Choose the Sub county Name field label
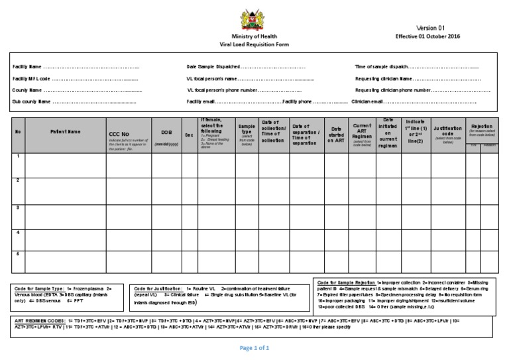pyautogui.click(x=31, y=101)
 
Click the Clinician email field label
pyautogui.click(x=367, y=101)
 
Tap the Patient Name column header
pyautogui.click(x=65, y=132)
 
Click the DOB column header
pyautogui.click(x=162, y=132)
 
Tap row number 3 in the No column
pyautogui.click(x=18, y=208)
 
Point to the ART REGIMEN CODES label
pyautogui.click(x=39, y=320)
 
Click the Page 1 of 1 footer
pyautogui.click(x=254, y=347)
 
